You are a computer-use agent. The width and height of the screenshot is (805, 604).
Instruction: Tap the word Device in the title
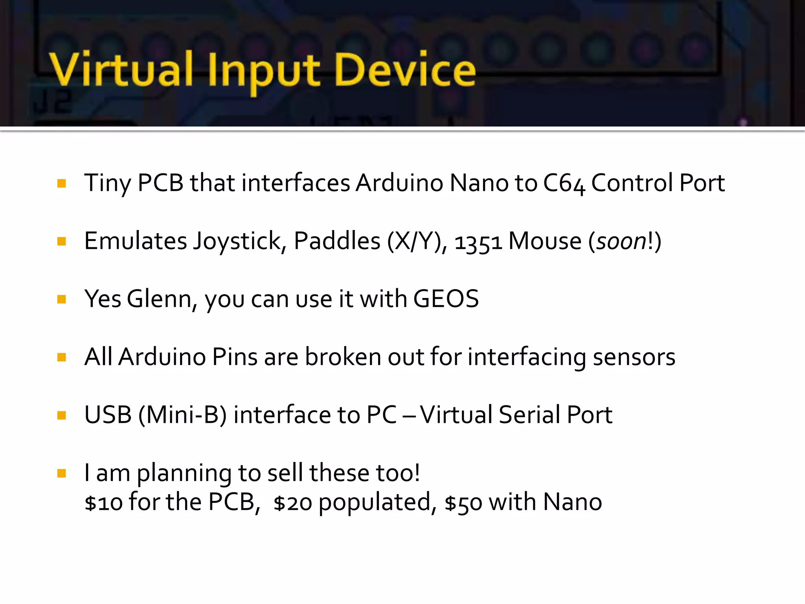coord(405,70)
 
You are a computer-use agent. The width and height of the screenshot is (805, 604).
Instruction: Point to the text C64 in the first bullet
coord(564,184)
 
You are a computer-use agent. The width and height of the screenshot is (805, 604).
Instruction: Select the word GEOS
coord(446,299)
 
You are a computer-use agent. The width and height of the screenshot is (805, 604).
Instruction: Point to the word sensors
coord(634,357)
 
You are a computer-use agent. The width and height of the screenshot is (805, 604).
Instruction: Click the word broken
coord(343,357)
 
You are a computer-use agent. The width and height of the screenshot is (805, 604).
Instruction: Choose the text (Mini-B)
coord(182,415)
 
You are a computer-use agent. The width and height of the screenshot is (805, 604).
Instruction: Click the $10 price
coord(103,503)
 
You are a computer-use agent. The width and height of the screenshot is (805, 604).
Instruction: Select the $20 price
coord(293,503)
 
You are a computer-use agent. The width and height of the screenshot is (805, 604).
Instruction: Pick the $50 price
coord(463,503)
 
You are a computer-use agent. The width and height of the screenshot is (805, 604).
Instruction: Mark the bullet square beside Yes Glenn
coord(62,300)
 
